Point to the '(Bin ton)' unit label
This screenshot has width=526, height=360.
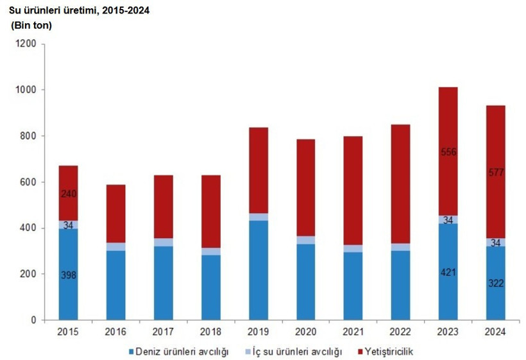click(32, 26)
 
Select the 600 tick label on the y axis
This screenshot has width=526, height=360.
click(28, 182)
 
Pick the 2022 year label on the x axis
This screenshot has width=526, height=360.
click(400, 332)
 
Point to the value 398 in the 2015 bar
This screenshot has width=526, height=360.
click(68, 275)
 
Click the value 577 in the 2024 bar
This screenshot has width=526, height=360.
click(495, 172)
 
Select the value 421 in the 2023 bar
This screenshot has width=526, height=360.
click(448, 271)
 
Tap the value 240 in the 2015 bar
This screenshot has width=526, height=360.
click(68, 194)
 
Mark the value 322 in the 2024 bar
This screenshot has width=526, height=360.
click(495, 282)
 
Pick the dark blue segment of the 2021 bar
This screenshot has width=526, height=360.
click(353, 286)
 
